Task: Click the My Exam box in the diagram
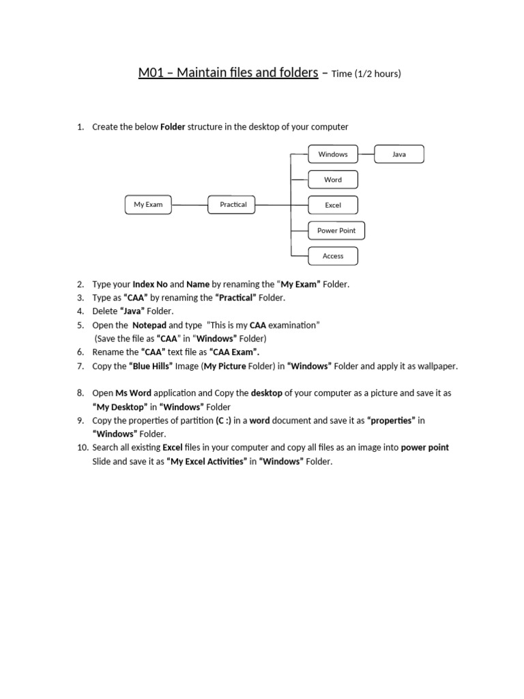coord(148,205)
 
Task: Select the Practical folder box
coord(233,205)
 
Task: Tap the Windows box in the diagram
coord(333,154)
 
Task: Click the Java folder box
coord(399,154)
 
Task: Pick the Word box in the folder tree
coord(333,180)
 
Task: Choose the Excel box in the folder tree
coord(333,205)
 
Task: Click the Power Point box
coord(336,231)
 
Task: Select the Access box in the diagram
coord(333,256)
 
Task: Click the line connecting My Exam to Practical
coord(190,205)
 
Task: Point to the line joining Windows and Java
coord(366,154)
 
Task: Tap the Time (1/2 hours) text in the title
coord(366,74)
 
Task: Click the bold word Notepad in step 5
coord(149,325)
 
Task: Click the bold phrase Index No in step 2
coord(149,284)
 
